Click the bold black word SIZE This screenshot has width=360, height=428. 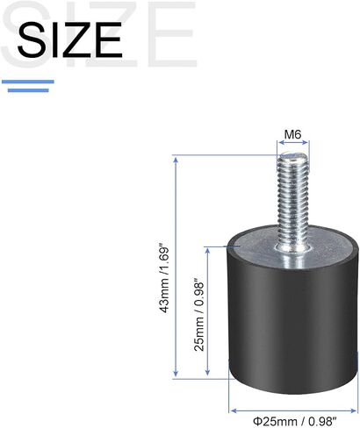69,39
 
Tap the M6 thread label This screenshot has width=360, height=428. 292,135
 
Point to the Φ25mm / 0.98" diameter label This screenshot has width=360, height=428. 295,422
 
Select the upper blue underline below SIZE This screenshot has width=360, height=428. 28,82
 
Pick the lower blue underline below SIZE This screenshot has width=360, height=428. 28,90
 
